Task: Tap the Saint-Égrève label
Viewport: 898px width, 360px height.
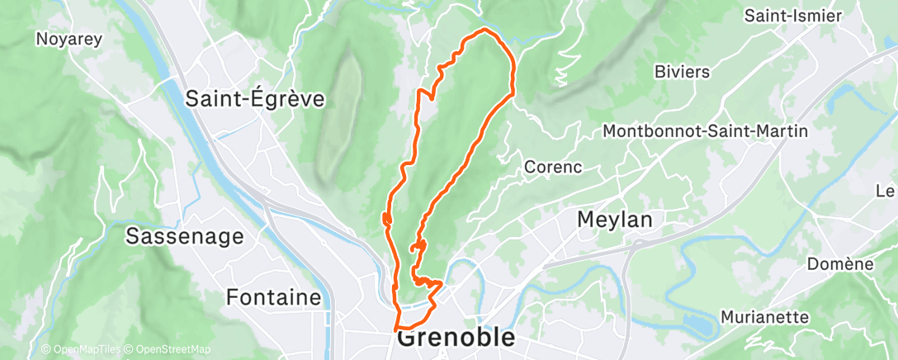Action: point(254,99)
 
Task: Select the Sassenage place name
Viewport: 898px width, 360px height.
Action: point(184,237)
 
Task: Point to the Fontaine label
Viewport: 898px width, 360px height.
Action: point(273,296)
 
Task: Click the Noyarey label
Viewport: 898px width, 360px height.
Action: point(63,38)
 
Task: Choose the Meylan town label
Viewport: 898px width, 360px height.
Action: point(614,220)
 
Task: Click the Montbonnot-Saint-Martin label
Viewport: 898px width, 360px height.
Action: point(705,131)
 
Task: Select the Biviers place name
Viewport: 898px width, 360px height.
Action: point(681,72)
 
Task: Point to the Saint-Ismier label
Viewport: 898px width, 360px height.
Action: point(792,16)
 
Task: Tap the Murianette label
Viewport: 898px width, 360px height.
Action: point(764,317)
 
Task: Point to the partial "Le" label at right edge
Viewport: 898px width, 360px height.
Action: point(886,191)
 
